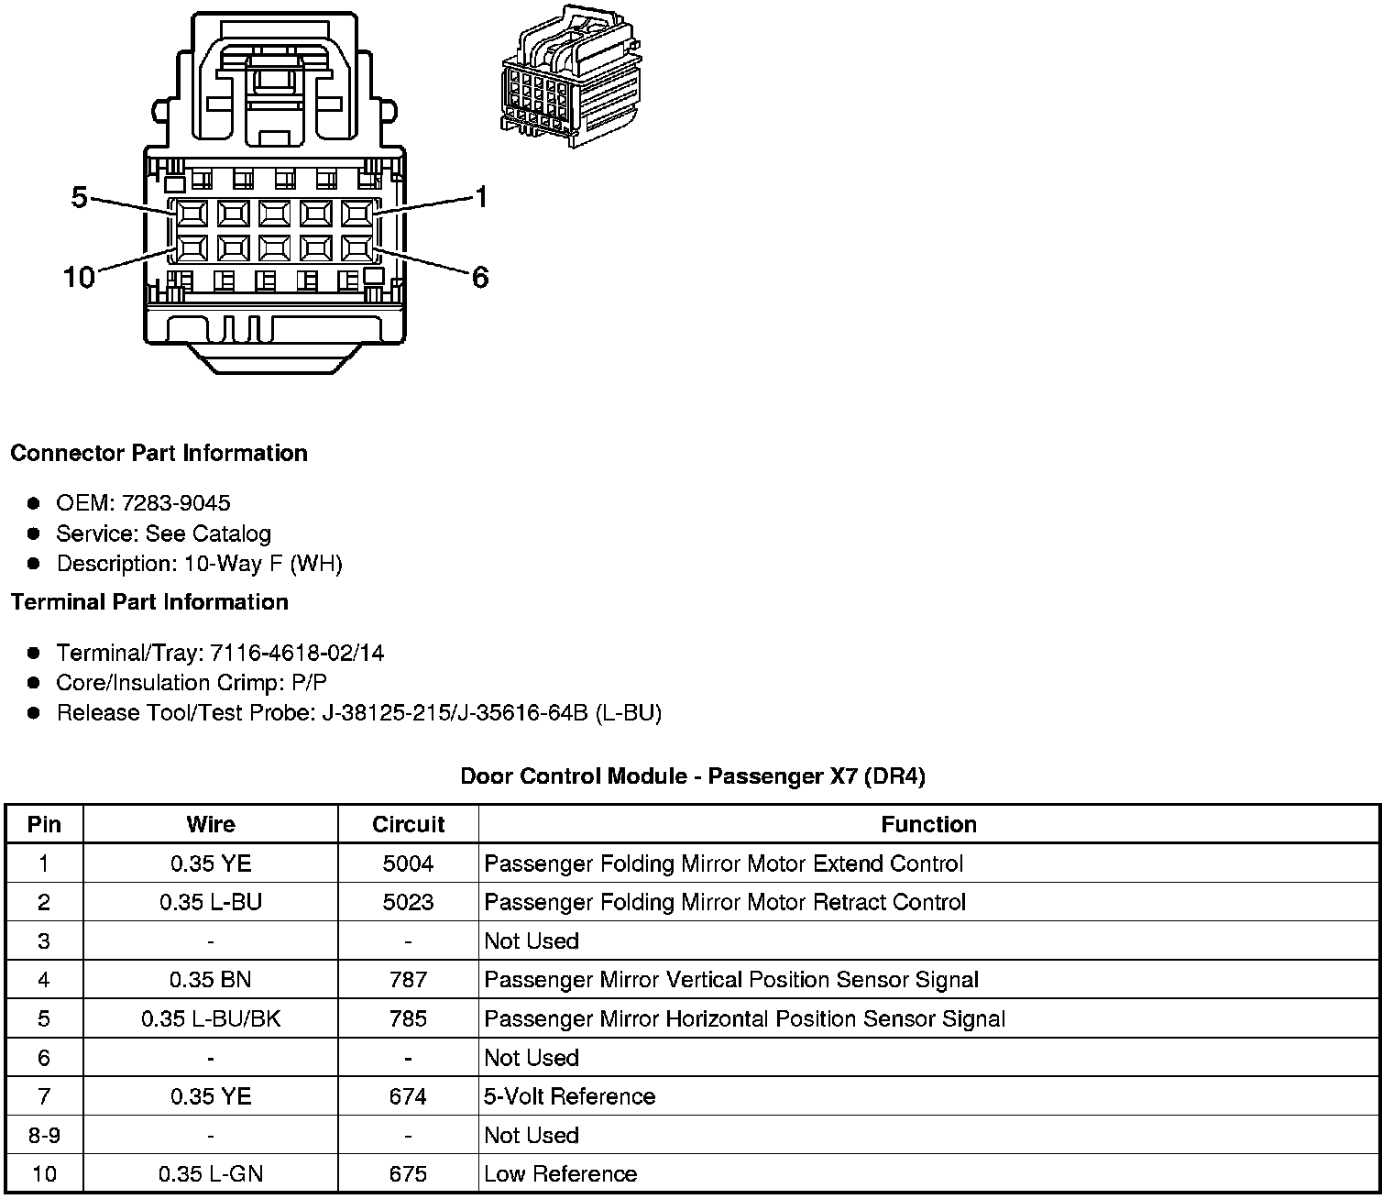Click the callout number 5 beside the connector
(80, 197)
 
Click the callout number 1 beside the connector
(480, 197)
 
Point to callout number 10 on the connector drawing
(79, 277)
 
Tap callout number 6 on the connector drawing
(480, 277)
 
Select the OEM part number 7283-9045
(175, 503)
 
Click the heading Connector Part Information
(159, 454)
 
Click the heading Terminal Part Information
(149, 602)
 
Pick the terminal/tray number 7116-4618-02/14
(297, 653)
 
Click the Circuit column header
(408, 825)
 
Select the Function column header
(928, 825)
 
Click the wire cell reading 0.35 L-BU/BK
(211, 1019)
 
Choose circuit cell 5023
(408, 903)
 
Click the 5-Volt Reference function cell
(569, 1097)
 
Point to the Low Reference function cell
(560, 1174)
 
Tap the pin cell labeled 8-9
(44, 1136)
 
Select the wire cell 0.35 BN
(211, 981)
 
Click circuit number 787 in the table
(408, 981)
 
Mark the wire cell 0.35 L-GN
(211, 1174)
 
